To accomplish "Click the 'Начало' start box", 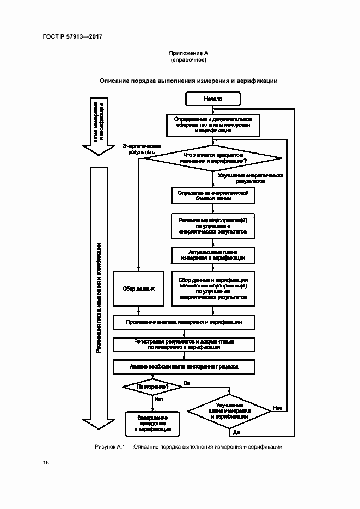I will tap(213, 99).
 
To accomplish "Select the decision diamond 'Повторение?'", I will tap(152, 387).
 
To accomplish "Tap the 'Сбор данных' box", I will tap(138, 289).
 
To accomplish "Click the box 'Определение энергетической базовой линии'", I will tap(213, 196).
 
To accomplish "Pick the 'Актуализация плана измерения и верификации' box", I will tap(213, 254).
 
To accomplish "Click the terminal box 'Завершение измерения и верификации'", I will tap(152, 424).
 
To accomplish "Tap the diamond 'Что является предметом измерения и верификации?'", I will tap(213, 158).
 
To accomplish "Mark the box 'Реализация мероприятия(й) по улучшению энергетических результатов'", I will tap(213, 225).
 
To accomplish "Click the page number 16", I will tap(46, 463).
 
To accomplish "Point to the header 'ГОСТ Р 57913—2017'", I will tap(72, 36).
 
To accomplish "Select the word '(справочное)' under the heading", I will tap(188, 59).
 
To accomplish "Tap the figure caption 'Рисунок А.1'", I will tap(110, 447).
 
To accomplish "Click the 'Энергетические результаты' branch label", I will tap(139, 149).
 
